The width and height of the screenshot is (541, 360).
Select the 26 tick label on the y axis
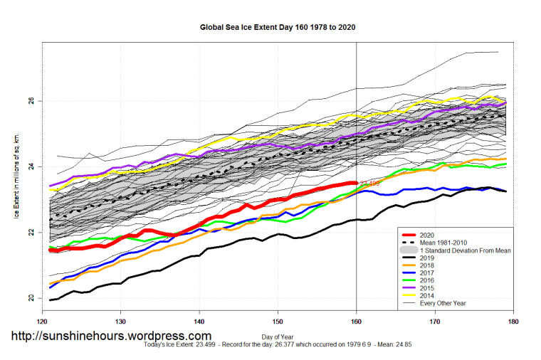coord(31,101)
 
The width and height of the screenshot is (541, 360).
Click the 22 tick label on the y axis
coord(31,232)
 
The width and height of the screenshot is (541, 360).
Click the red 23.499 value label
coord(369,184)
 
